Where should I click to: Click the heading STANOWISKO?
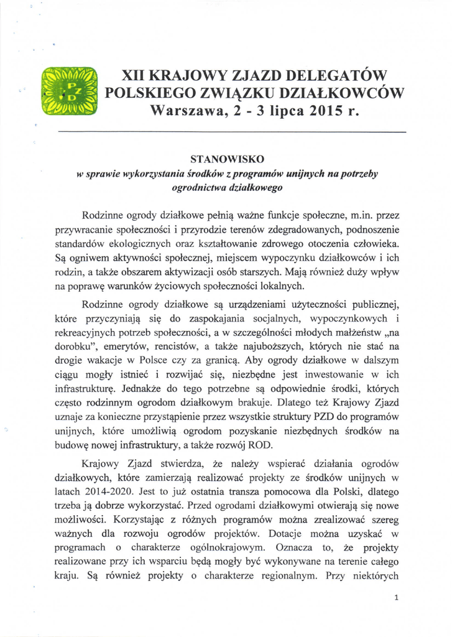pos(226,159)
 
